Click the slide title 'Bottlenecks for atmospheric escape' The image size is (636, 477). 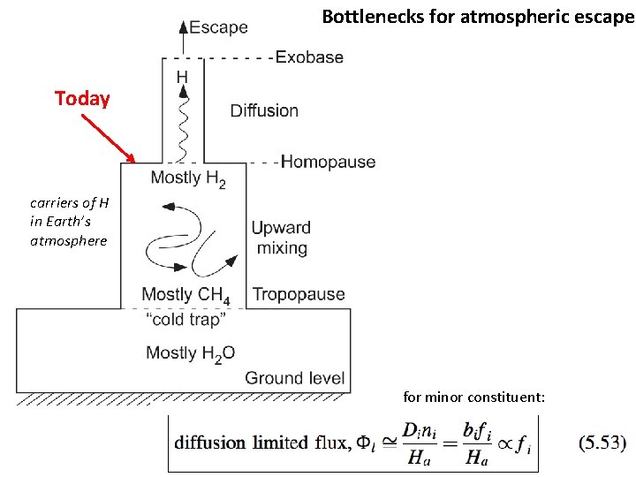point(477,17)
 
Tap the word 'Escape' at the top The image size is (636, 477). point(218,27)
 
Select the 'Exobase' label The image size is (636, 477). point(309,57)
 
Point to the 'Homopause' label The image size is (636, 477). point(328,162)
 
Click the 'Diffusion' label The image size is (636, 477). point(264,110)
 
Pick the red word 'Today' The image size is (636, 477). point(82,98)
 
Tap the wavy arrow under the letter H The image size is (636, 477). point(184,124)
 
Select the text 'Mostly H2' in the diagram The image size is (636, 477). point(187,178)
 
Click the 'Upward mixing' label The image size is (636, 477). point(280,238)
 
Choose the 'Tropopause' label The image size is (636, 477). point(299,294)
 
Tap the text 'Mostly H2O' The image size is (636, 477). point(190,353)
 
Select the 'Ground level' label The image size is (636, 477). point(294,378)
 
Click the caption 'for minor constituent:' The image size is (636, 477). point(474,397)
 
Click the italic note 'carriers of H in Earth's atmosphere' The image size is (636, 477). point(68,221)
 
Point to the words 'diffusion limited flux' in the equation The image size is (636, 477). point(252,442)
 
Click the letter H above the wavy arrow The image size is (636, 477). point(182,78)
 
